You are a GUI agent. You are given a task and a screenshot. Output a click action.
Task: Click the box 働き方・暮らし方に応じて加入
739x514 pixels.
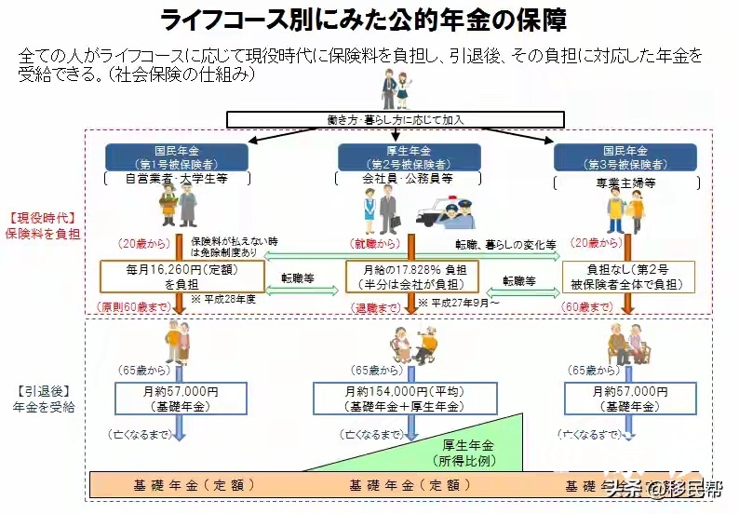tap(396, 119)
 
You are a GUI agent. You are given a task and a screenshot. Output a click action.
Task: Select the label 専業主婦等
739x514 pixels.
tap(625, 183)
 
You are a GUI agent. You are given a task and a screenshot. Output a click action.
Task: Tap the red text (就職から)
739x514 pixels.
tap(376, 244)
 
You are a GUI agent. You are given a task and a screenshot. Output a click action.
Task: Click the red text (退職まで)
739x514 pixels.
tap(372, 306)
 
